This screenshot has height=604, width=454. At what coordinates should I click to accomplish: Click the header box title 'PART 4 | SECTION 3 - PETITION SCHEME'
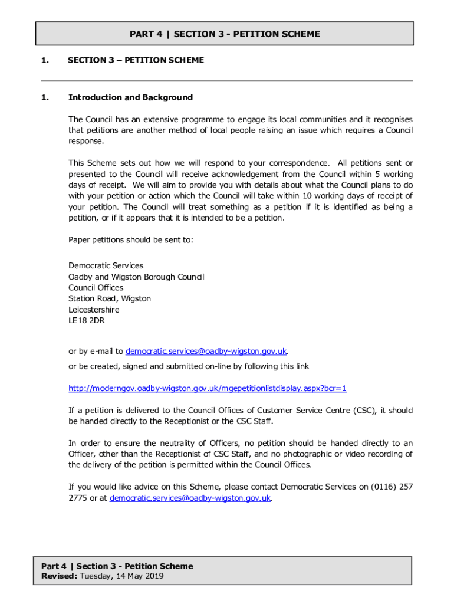(x=225, y=34)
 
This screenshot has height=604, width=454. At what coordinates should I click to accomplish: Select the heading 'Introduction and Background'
(x=130, y=97)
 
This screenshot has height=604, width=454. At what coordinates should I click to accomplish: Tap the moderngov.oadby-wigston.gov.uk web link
(x=208, y=388)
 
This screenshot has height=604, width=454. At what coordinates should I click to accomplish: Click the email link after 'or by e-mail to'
(x=206, y=351)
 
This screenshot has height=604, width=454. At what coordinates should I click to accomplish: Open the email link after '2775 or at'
(x=190, y=498)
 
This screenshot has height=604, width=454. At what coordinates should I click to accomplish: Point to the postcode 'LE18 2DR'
(x=87, y=321)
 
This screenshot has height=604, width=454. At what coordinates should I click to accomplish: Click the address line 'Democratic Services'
(x=106, y=265)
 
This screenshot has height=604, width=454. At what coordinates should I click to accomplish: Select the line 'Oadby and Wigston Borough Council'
(x=136, y=277)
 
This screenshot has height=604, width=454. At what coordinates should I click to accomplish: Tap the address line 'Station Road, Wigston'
(x=110, y=298)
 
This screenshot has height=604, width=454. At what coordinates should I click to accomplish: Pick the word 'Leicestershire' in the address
(x=94, y=310)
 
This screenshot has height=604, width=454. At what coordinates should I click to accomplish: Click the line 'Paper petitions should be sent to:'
(x=131, y=239)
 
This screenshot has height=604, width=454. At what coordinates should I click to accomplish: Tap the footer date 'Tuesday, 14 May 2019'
(x=122, y=576)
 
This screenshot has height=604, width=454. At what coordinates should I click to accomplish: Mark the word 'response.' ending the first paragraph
(x=86, y=141)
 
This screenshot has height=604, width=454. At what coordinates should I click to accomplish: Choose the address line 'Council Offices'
(x=96, y=287)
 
